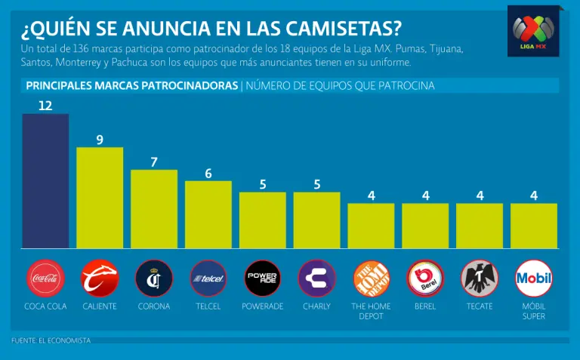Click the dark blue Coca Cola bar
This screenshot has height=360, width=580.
45,181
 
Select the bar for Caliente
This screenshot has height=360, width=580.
100,198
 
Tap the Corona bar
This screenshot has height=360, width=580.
154,209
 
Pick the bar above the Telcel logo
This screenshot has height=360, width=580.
208,214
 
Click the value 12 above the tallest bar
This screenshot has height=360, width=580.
45,105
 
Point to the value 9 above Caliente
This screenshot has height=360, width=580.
100,139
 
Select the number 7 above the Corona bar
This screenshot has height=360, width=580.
154,162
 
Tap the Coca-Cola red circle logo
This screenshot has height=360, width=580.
45,278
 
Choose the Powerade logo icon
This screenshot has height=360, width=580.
263,278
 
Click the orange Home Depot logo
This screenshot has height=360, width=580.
372,278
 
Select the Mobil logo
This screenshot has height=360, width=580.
533,278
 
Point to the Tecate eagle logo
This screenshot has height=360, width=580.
480,278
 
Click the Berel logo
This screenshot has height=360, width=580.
425,278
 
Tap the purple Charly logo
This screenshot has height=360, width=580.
317,278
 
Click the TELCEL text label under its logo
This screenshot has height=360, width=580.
208,306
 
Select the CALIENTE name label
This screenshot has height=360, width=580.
100,306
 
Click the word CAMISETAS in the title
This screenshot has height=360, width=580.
341,27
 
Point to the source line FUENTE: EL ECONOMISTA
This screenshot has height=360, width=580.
51,341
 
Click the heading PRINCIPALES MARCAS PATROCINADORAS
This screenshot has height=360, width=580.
132,86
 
